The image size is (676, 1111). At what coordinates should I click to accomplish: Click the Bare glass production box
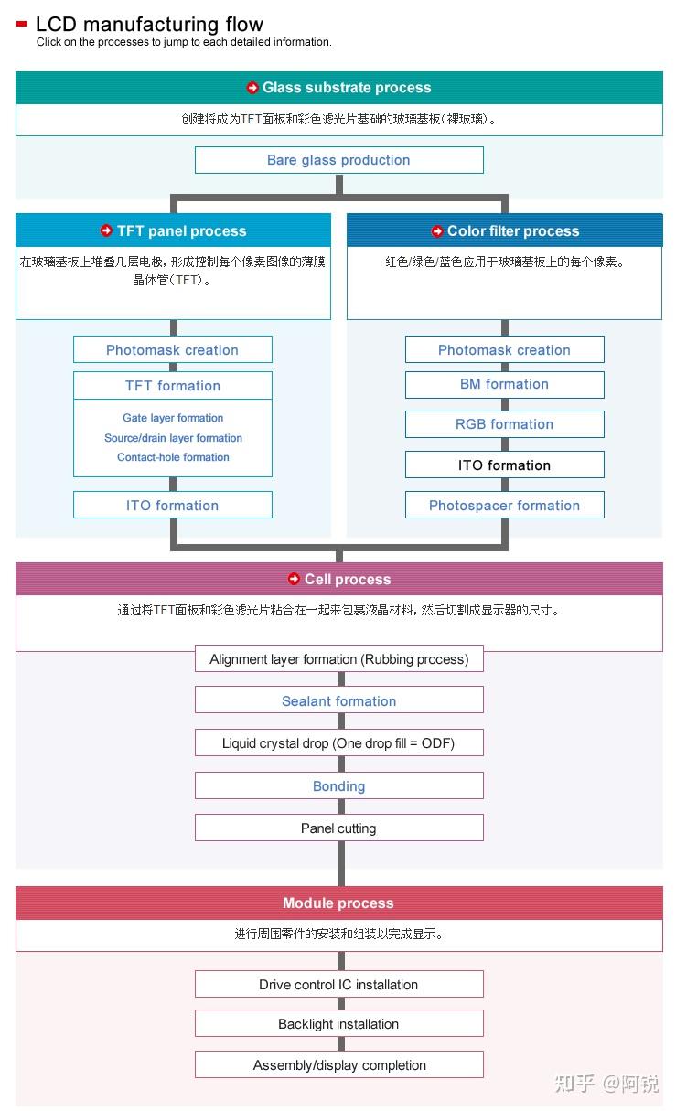point(338,160)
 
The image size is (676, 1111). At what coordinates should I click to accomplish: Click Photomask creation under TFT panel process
point(172,350)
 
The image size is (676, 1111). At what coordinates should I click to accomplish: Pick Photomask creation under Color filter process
point(504,350)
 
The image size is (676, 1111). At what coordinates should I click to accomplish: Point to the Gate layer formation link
point(173,418)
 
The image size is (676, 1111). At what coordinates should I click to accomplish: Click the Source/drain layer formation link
point(173,438)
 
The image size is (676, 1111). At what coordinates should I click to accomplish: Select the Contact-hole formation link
point(173,457)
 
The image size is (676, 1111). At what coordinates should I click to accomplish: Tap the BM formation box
point(504,384)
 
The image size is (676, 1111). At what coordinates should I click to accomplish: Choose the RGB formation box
point(504,424)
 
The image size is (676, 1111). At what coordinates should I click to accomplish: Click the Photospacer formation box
point(504,506)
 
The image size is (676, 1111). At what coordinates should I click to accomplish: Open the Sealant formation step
point(338,701)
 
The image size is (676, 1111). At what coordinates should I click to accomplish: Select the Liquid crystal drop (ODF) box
point(338,743)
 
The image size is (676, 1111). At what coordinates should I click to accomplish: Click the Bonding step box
point(338,786)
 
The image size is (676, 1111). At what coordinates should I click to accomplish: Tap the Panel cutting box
point(338,828)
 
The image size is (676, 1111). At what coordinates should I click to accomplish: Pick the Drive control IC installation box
point(338,985)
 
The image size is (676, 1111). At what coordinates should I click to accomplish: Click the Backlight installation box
point(338,1024)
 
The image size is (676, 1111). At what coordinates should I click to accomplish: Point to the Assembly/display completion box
point(338,1065)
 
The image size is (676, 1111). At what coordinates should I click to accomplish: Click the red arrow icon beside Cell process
point(294,579)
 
